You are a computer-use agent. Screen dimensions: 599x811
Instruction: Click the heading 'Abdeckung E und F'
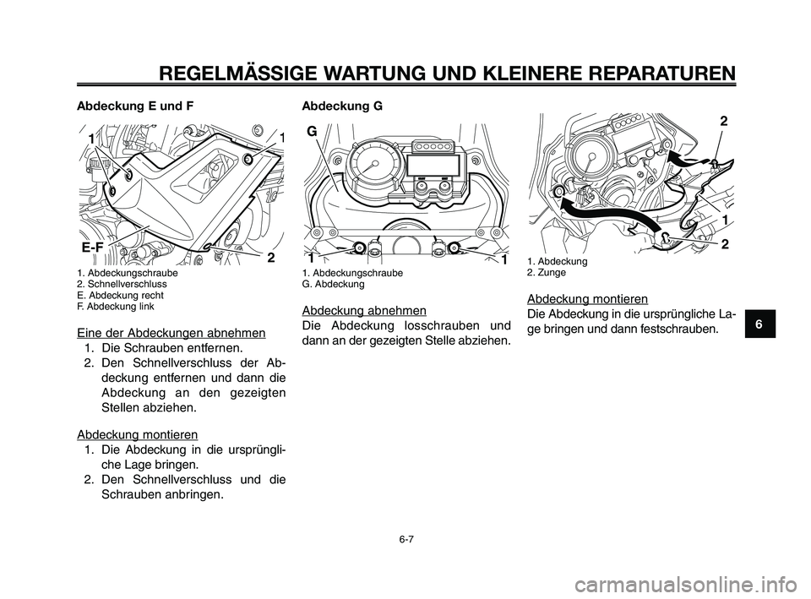click(x=135, y=106)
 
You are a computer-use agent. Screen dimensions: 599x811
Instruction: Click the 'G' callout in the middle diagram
click(x=312, y=132)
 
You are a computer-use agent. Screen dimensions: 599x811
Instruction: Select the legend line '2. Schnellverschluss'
click(x=122, y=285)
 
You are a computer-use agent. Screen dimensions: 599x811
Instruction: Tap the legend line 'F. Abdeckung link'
click(x=117, y=307)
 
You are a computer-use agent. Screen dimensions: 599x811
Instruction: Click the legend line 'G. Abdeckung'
click(x=333, y=285)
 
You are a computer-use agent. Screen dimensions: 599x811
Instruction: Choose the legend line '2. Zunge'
click(x=547, y=274)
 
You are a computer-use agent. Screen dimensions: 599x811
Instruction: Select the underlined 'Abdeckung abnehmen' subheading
click(x=363, y=310)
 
